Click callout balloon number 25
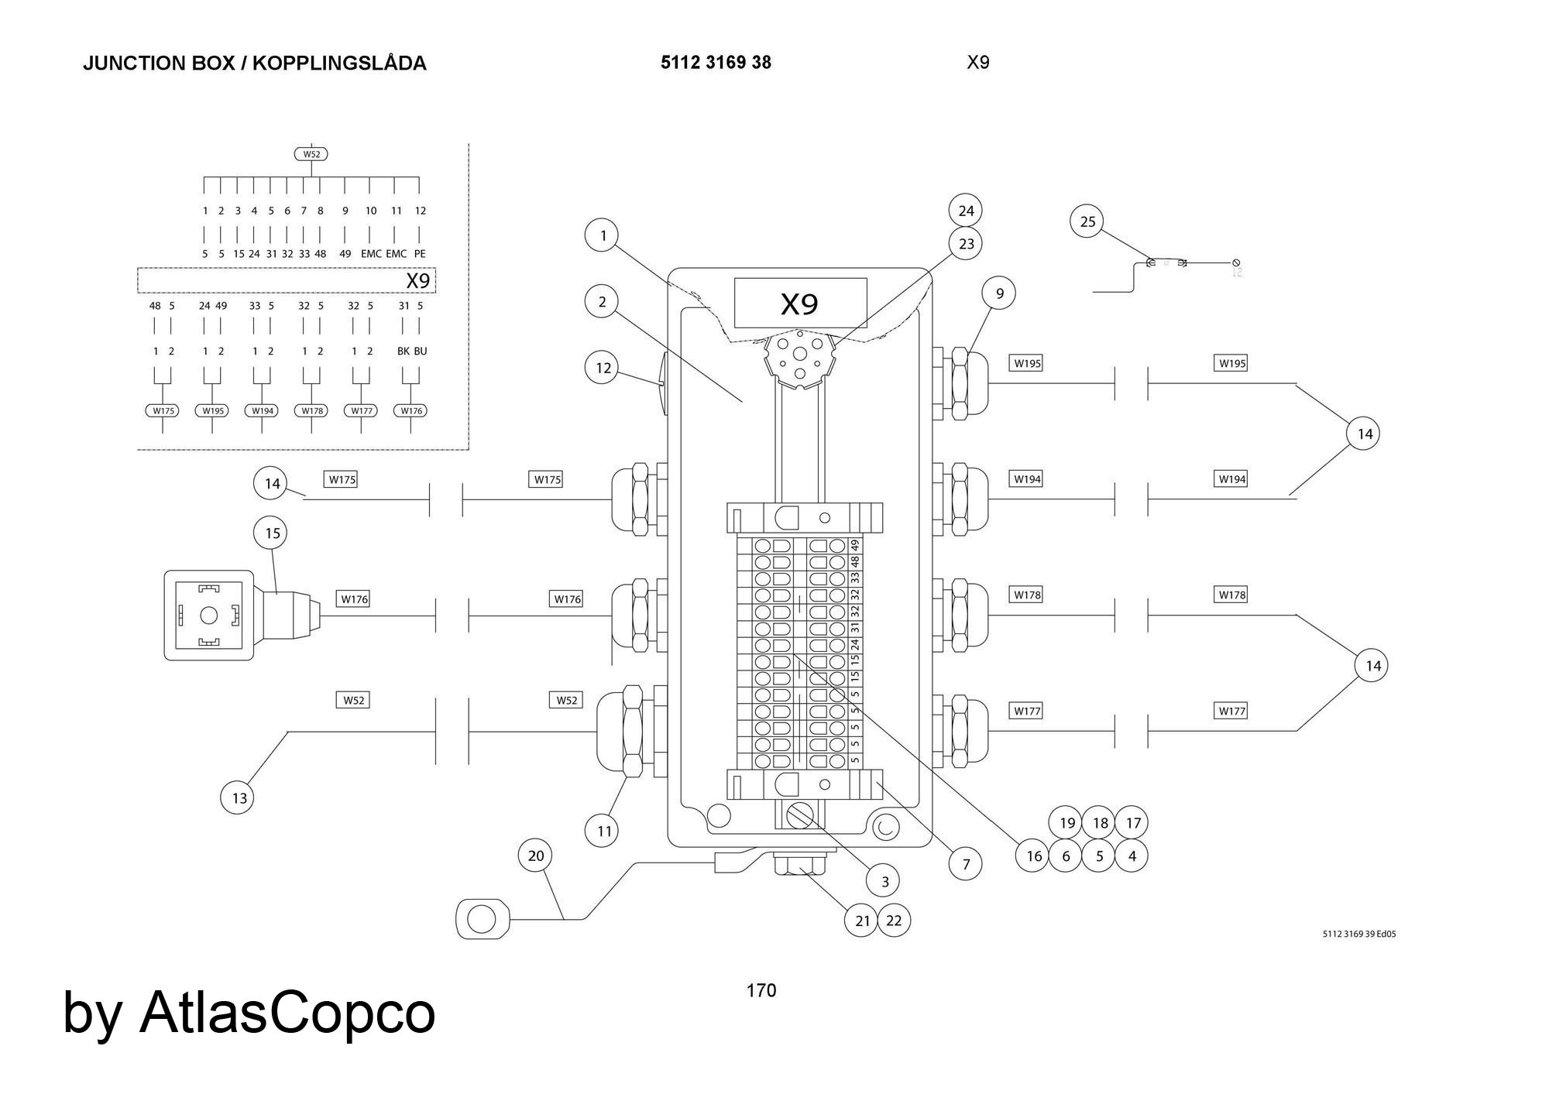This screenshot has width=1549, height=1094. click(x=1087, y=221)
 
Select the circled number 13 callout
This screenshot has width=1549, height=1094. click(x=239, y=797)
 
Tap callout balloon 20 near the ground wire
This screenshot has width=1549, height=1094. click(x=536, y=856)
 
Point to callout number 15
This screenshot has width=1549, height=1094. click(x=272, y=533)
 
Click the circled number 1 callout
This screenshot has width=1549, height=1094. click(x=603, y=235)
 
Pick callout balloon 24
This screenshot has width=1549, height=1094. click(x=966, y=210)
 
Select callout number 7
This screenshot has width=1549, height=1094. click(x=966, y=864)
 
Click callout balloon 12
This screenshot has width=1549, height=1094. click(x=603, y=368)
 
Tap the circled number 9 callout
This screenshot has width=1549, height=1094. click(x=999, y=293)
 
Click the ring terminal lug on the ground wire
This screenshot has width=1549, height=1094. click(x=483, y=920)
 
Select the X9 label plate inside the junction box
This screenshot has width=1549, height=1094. click(x=800, y=304)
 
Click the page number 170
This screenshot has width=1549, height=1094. click(x=761, y=990)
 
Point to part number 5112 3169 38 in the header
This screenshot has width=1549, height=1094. click(x=716, y=63)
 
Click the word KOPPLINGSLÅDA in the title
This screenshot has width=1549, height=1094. click(x=339, y=63)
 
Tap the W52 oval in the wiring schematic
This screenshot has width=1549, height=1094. click(x=311, y=154)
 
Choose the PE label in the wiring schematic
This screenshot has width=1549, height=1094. click(x=420, y=253)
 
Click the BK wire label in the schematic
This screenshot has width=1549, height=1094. click(x=403, y=351)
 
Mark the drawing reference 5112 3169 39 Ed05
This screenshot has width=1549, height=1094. click(x=1358, y=934)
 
